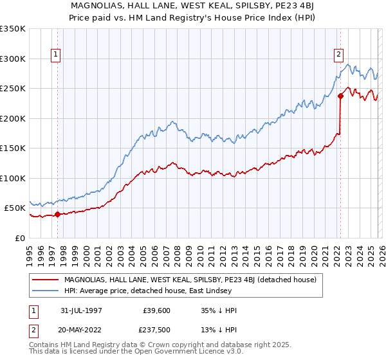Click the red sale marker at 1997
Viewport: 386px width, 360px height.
(x=57, y=215)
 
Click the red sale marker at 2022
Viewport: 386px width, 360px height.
(x=340, y=96)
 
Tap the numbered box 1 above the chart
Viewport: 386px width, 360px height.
(x=57, y=55)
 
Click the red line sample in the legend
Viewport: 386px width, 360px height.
(x=46, y=280)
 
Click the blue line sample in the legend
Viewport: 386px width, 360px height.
(x=46, y=291)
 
